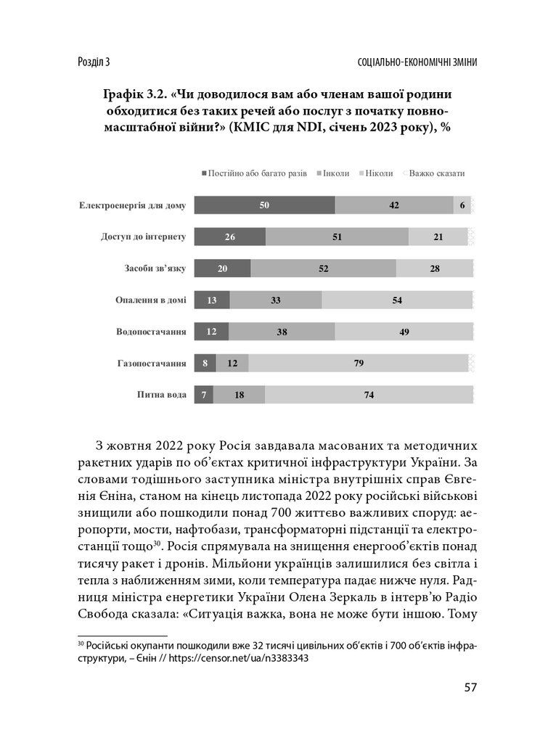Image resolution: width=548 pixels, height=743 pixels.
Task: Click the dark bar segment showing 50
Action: (265, 206)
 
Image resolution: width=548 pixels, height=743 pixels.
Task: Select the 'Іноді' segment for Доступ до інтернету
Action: (337, 237)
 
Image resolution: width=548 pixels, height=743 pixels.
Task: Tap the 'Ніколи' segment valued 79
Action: (359, 363)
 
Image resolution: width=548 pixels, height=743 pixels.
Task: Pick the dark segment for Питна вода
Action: (204, 394)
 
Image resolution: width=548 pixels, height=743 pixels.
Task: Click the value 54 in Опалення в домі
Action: (396, 300)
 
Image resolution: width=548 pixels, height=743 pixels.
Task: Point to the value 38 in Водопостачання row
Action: (282, 332)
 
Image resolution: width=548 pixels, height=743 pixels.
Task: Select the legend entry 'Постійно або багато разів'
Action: (254, 173)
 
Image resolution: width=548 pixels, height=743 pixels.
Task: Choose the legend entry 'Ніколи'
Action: (379, 173)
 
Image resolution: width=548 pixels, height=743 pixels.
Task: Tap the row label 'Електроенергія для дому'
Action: (132, 206)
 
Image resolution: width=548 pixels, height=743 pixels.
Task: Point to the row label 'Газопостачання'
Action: (152, 363)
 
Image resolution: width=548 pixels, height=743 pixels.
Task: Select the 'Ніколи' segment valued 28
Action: (434, 268)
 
